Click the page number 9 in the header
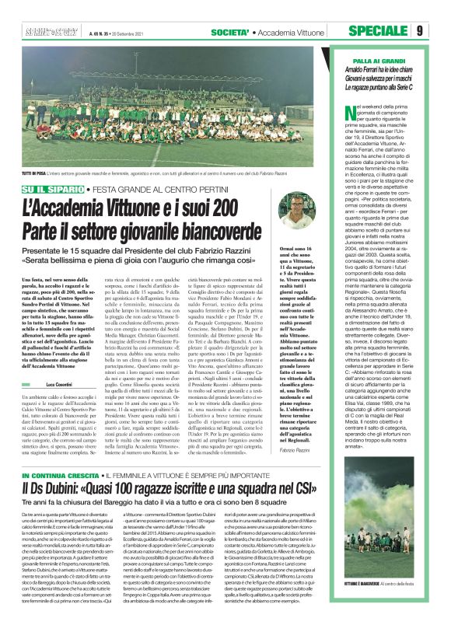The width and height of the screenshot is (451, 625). click(440, 31)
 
